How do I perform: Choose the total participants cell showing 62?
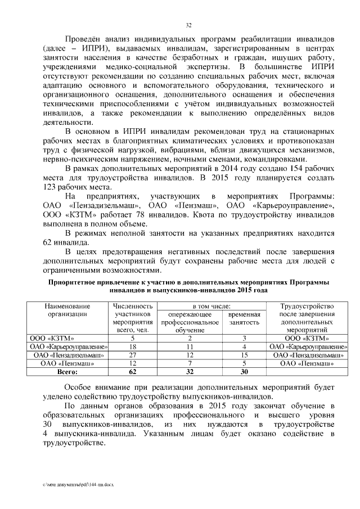coord(133,372)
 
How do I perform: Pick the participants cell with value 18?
coord(133,346)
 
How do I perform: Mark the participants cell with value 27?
coord(133,355)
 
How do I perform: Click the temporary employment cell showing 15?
coord(244,355)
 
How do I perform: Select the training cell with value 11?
coord(190,346)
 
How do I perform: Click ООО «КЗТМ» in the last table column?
coord(307,338)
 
